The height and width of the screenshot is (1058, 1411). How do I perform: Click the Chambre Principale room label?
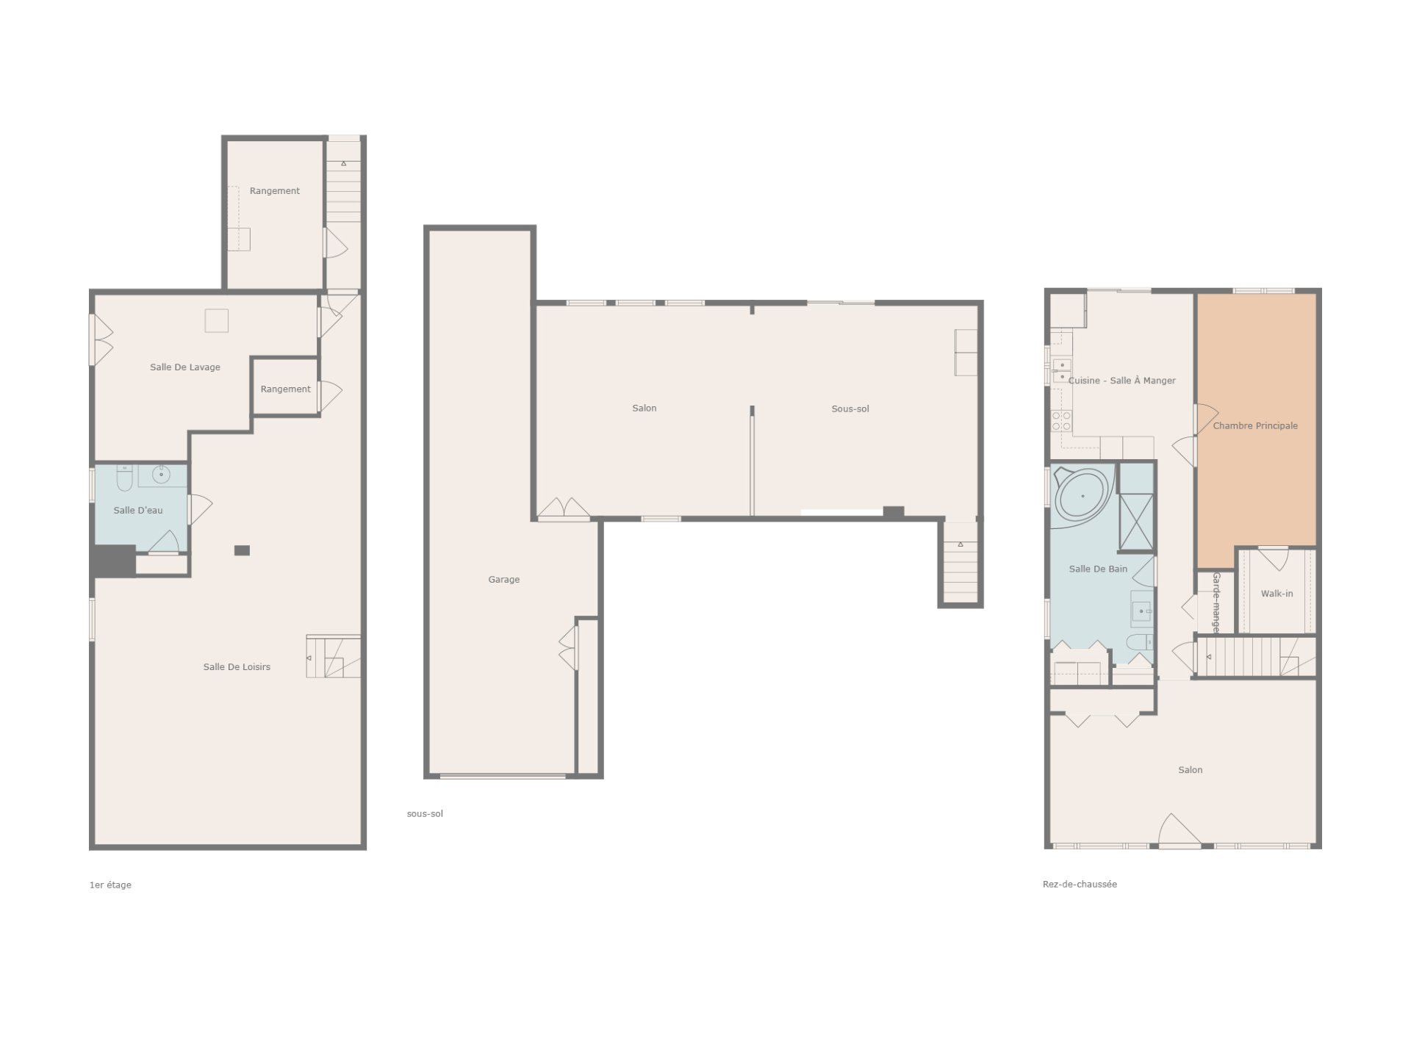point(1255,426)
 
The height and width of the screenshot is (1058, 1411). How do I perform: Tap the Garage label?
point(504,580)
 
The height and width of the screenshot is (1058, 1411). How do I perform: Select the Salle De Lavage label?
point(185,367)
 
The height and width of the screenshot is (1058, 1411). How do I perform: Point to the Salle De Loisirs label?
point(237,667)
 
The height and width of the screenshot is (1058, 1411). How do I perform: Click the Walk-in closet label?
point(1277,594)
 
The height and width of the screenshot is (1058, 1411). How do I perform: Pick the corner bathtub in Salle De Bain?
point(1083,495)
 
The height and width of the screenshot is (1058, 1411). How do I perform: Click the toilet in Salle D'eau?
point(123,478)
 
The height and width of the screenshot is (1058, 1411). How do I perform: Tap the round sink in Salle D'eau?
point(160,475)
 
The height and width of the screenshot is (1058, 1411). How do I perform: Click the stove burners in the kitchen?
point(1061,421)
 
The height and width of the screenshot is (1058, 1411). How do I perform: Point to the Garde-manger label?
point(1216,602)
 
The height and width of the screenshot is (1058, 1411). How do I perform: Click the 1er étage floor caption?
point(110,885)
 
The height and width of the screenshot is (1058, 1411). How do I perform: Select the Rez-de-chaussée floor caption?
point(1080,885)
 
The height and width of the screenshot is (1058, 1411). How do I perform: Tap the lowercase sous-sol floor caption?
point(425,814)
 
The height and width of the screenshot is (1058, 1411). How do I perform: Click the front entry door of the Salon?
point(1180,831)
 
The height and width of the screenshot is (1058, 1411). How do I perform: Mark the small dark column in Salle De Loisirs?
point(242,550)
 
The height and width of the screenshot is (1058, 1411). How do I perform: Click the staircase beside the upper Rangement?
point(343,191)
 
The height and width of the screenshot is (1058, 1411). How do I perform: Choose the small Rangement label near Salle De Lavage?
point(286,389)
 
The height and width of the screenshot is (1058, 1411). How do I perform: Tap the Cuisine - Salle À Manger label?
point(1122,381)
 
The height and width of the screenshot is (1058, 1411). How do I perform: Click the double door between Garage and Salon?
point(564,508)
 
